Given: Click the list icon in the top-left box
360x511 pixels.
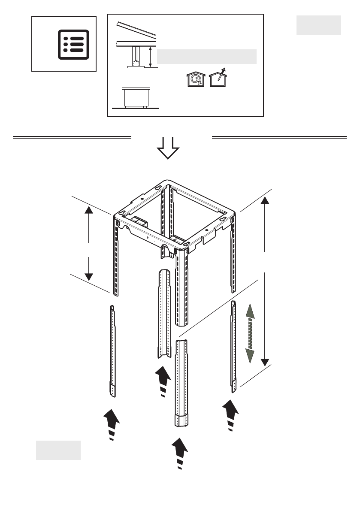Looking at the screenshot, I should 73,44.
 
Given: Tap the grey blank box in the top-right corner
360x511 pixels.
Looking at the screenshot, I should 318,25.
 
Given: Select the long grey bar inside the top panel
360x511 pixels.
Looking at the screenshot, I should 206,57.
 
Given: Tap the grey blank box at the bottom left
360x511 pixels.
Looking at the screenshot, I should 58,450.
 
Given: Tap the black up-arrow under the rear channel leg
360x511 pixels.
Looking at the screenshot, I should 162,380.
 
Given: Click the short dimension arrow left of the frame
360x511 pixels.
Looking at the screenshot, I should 88,243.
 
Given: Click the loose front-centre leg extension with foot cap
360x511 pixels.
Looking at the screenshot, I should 182,382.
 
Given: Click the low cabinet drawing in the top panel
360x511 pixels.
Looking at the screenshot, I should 136,97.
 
